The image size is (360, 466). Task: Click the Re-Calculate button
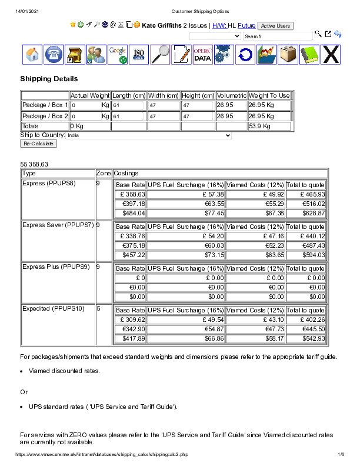[38, 144]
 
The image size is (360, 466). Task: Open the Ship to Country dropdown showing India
[149, 135]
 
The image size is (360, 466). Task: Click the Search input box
[278, 36]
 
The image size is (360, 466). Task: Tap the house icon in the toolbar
[34, 55]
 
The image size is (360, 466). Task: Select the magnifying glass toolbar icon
[160, 55]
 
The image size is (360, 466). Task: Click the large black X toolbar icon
[331, 55]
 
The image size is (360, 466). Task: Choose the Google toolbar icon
[118, 55]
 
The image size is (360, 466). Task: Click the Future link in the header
[246, 26]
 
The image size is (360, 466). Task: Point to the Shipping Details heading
[49, 79]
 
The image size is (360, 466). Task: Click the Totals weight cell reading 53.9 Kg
[269, 126]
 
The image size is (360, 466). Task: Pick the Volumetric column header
[231, 95]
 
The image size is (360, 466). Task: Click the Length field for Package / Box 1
[128, 105]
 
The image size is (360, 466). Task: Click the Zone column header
[104, 174]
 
